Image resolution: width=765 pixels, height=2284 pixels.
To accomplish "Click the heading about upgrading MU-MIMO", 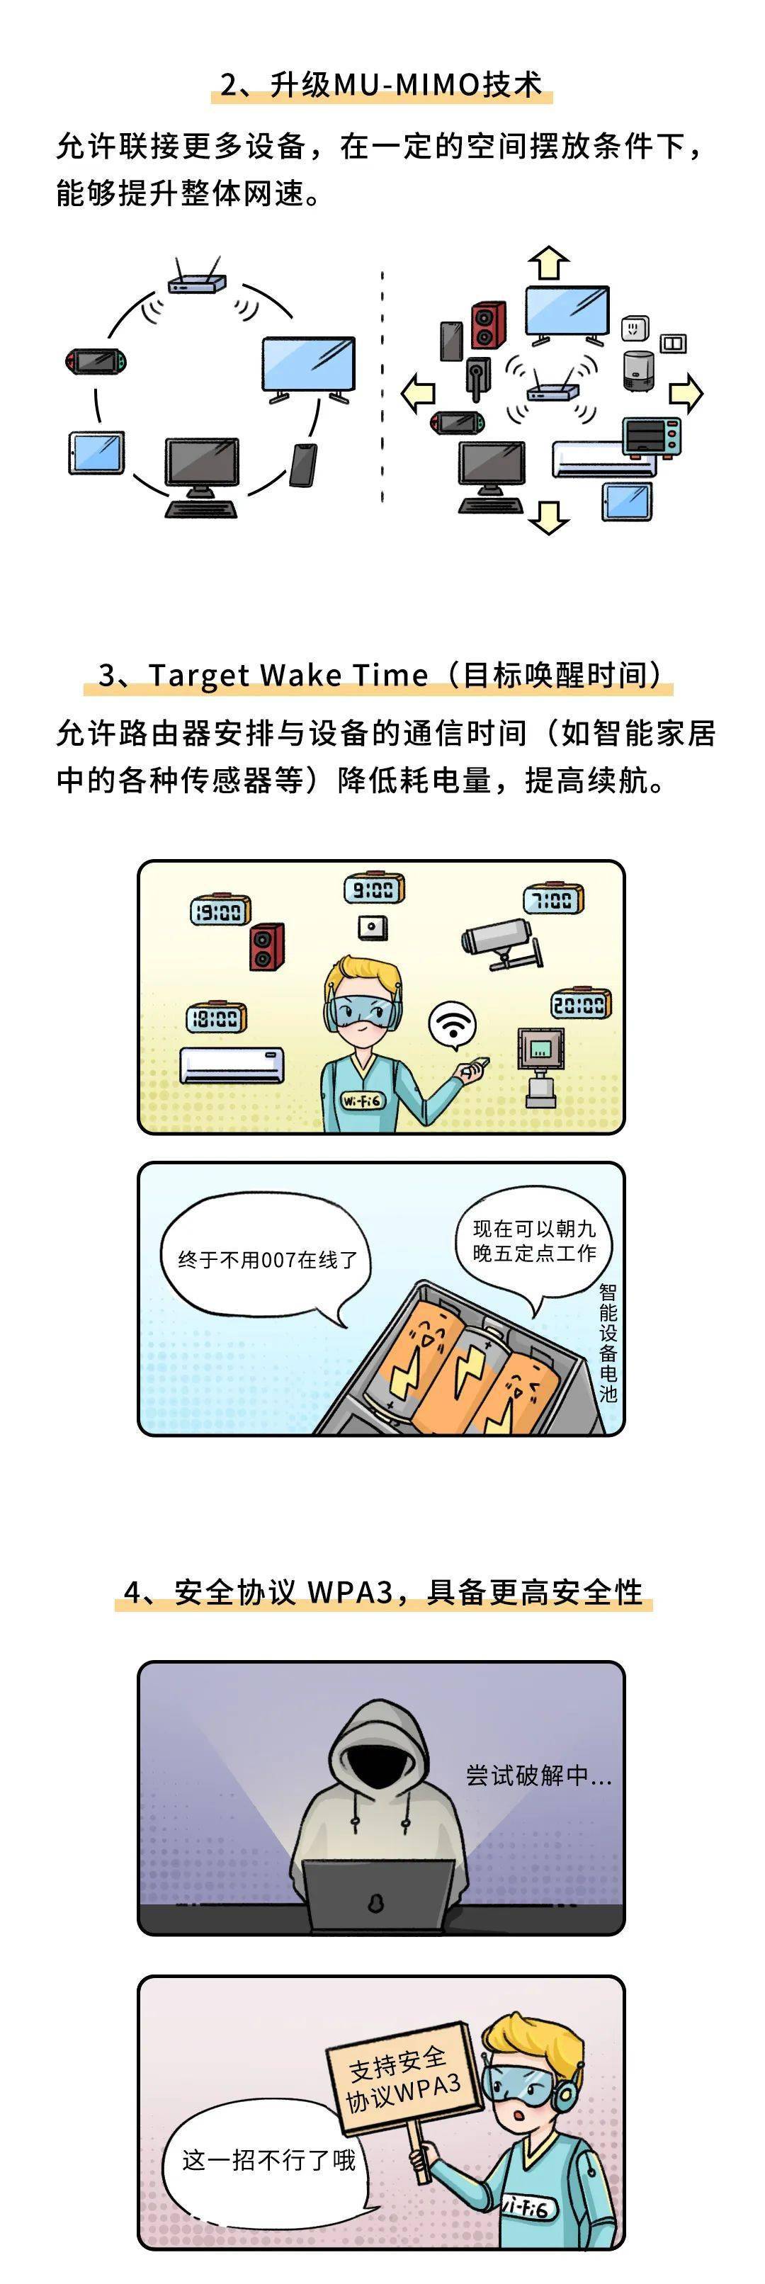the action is click(381, 84).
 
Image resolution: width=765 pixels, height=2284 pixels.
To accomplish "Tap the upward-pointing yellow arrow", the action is click(549, 263).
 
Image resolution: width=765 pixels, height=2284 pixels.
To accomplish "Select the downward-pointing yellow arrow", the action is click(549, 517).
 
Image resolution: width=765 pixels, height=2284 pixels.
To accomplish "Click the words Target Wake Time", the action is click(288, 675).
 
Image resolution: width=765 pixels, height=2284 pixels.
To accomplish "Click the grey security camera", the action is click(501, 942).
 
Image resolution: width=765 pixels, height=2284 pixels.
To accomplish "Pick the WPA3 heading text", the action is click(383, 1591).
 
